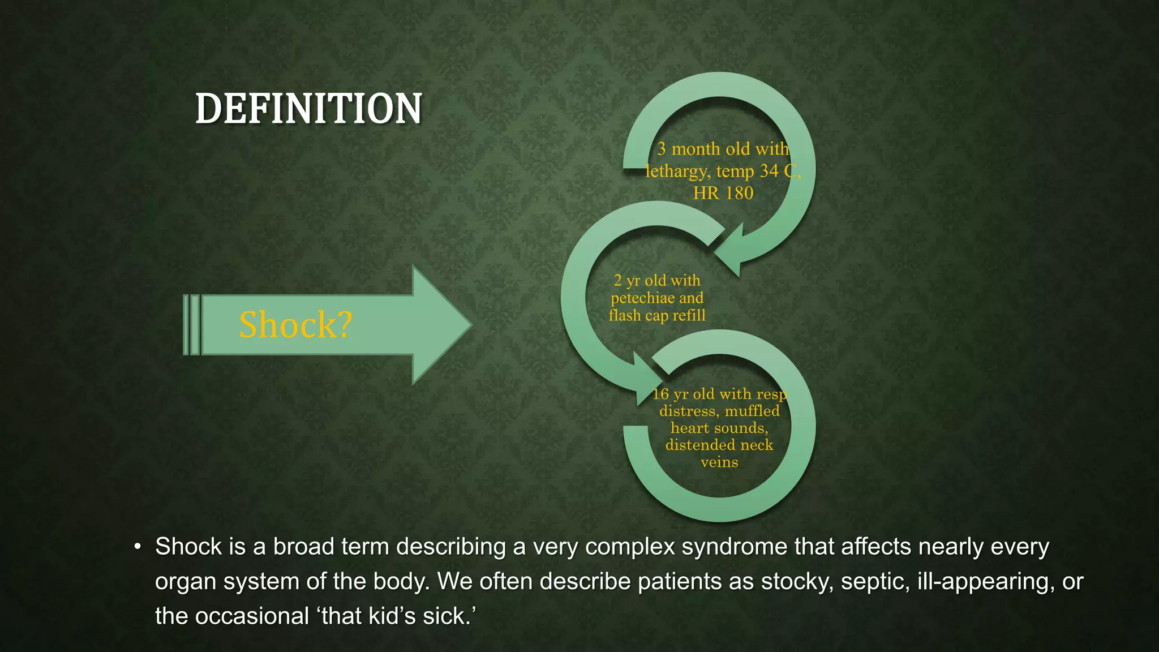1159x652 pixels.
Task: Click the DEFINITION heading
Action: click(308, 109)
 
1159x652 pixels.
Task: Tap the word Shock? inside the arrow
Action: click(295, 325)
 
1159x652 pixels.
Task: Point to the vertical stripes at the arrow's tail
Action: click(192, 325)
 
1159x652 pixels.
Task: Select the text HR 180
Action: click(723, 193)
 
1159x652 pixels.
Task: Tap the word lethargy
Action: click(677, 171)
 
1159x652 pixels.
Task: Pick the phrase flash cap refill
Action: click(657, 315)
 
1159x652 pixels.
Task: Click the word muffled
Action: click(752, 411)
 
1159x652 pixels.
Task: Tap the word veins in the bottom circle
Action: click(719, 462)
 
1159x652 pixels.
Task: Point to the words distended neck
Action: click(719, 445)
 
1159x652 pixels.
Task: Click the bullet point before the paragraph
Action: click(137, 547)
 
